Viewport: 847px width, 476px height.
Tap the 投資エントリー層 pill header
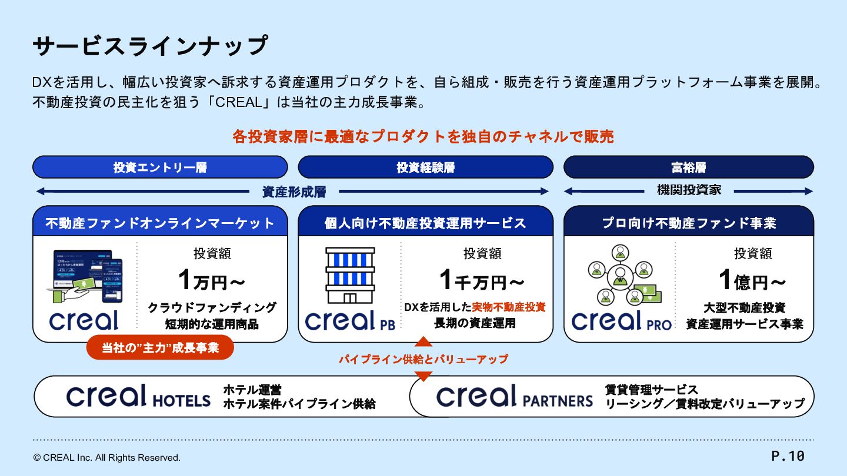pos(160,167)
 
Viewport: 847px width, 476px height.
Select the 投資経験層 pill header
pos(425,167)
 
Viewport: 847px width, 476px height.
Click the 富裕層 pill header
pos(688,167)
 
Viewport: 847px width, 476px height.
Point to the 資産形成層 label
pos(294,192)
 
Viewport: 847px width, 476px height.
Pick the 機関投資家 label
pos(689,190)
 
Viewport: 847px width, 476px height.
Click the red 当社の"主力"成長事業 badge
pos(160,347)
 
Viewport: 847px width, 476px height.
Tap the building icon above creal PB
pos(350,275)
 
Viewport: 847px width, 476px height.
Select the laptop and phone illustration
pos(85,276)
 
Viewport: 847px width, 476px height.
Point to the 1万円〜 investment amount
pos(211,281)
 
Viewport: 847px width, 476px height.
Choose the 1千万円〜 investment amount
pos(482,281)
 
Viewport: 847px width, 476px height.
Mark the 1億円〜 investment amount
pos(752,281)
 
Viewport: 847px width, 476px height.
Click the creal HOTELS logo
pos(138,397)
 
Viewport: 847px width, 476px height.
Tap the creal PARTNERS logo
pos(514,397)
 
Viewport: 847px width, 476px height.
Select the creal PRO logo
pos(621,321)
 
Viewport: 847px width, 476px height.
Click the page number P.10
pos(788,456)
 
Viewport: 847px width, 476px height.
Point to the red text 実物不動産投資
pos(509,307)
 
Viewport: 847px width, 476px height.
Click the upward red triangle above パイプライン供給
pos(423,341)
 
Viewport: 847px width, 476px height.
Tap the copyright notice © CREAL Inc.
pos(107,458)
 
